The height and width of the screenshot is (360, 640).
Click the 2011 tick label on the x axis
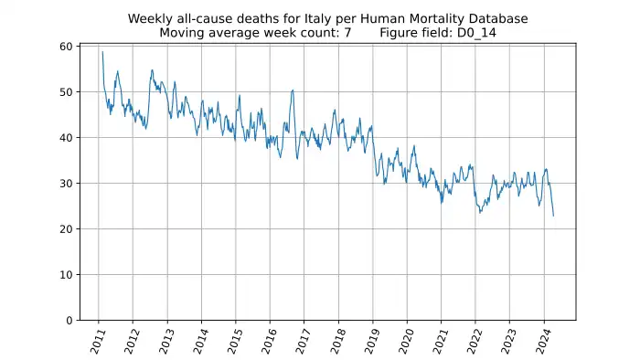click(x=98, y=341)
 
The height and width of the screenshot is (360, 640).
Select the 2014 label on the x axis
click(x=201, y=341)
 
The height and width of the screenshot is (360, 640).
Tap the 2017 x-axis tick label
click(x=304, y=341)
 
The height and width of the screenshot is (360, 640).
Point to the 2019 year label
click(x=372, y=341)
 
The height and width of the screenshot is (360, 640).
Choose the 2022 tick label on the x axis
click(x=475, y=341)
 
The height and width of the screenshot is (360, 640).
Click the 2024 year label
click(x=544, y=341)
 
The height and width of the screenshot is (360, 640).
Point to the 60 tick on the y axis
click(x=66, y=47)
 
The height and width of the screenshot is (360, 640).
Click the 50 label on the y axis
click(x=66, y=92)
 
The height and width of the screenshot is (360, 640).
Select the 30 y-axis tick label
click(x=66, y=184)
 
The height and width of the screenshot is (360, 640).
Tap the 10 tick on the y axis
click(x=66, y=275)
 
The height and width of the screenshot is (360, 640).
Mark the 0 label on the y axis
click(x=69, y=321)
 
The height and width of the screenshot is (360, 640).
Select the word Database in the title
click(x=498, y=19)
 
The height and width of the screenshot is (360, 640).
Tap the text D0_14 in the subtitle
click(x=476, y=33)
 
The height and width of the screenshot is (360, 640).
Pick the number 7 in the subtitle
click(x=347, y=33)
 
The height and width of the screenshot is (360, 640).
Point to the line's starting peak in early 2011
click(x=102, y=52)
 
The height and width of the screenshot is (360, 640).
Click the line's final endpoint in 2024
click(x=553, y=216)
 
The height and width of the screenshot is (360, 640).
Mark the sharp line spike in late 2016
click(x=293, y=90)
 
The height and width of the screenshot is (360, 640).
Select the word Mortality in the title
click(x=440, y=19)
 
